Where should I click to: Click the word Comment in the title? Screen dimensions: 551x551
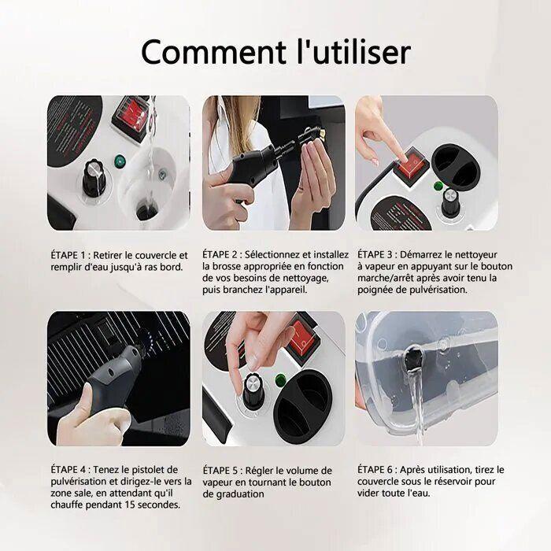click(x=213, y=52)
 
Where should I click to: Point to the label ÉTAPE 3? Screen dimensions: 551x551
click(x=375, y=254)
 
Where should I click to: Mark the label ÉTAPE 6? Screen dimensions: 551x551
click(x=375, y=469)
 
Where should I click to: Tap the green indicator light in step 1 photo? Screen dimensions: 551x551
click(x=120, y=161)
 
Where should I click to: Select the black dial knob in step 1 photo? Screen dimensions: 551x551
click(x=94, y=178)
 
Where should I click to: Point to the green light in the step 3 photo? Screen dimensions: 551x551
click(x=438, y=186)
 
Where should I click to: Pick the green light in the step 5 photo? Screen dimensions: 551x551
click(x=280, y=379)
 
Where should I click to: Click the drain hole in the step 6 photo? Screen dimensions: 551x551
click(x=413, y=358)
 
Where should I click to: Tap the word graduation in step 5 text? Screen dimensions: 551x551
click(x=240, y=494)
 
